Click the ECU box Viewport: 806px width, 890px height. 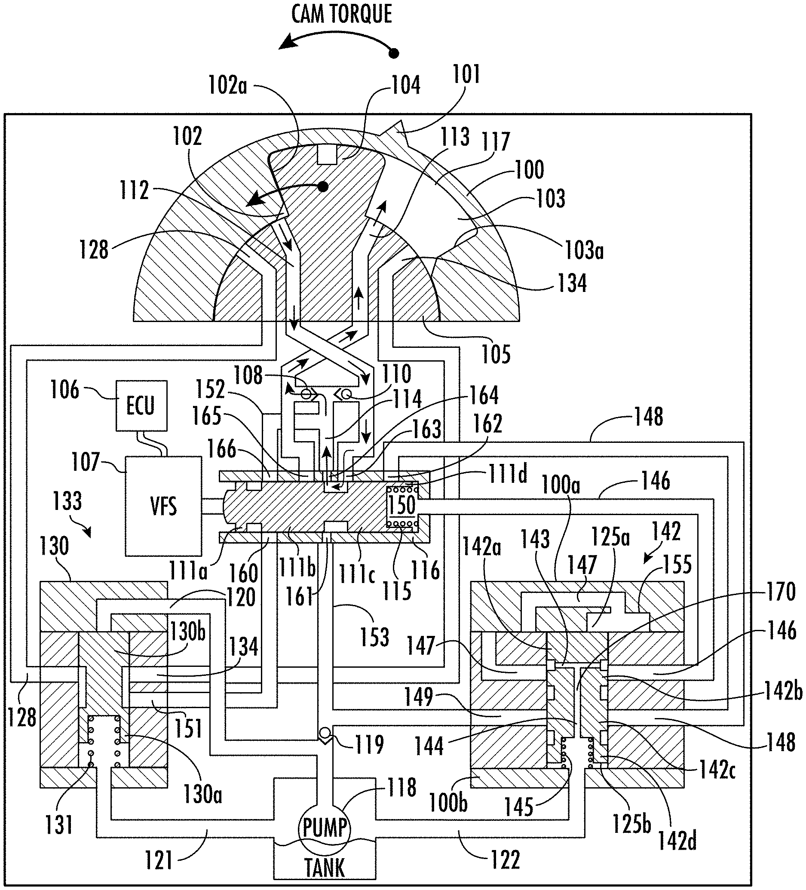click(x=142, y=405)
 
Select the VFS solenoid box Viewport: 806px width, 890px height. click(x=163, y=506)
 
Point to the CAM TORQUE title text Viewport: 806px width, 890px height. click(x=342, y=14)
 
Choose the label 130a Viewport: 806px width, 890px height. click(x=202, y=794)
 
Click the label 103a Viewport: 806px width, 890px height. click(x=585, y=250)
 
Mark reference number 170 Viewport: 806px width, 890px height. click(x=781, y=592)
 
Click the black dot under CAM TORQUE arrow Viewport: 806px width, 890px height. click(x=394, y=53)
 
